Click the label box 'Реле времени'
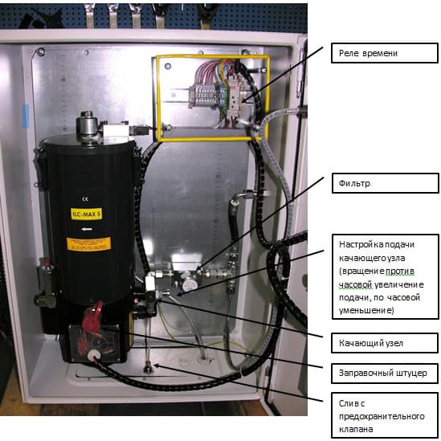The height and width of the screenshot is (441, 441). click(x=385, y=53)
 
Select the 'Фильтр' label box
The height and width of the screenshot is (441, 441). click(x=386, y=183)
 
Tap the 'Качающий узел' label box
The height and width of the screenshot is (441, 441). click(x=385, y=343)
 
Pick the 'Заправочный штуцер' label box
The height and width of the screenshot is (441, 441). click(x=385, y=374)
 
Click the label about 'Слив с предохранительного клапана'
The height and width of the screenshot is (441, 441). click(x=385, y=415)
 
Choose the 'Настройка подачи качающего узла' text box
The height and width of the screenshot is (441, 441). click(x=386, y=277)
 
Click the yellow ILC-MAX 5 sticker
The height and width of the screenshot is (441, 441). click(x=86, y=214)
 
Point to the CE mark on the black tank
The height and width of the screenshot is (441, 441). click(x=85, y=199)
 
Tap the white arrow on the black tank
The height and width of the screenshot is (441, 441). click(x=87, y=229)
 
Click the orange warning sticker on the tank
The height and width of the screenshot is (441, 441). click(x=88, y=244)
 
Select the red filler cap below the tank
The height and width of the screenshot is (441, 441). click(x=92, y=316)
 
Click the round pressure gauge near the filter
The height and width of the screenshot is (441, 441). click(x=189, y=284)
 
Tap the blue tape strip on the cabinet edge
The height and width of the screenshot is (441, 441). click(x=26, y=116)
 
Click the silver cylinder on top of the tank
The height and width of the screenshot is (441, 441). click(x=88, y=127)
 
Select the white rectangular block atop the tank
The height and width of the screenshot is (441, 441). click(x=116, y=131)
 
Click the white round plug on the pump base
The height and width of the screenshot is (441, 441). click(x=92, y=356)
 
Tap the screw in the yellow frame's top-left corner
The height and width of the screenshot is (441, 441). click(x=168, y=67)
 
